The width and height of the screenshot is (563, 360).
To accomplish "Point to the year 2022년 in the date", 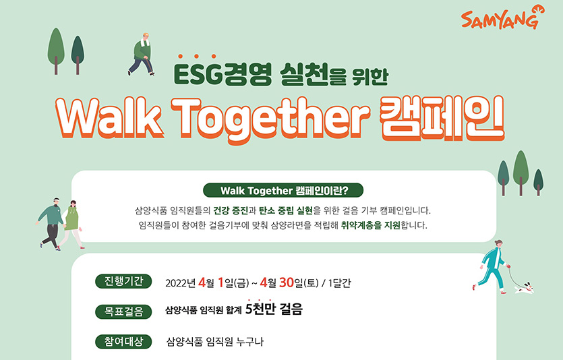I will pyautogui.click(x=180, y=282).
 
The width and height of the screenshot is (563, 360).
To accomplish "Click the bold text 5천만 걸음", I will pyautogui.click(x=274, y=310).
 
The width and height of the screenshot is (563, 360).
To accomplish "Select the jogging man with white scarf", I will pyautogui.click(x=142, y=53).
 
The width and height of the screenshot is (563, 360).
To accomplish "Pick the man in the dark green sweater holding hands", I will pyautogui.click(x=51, y=222).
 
